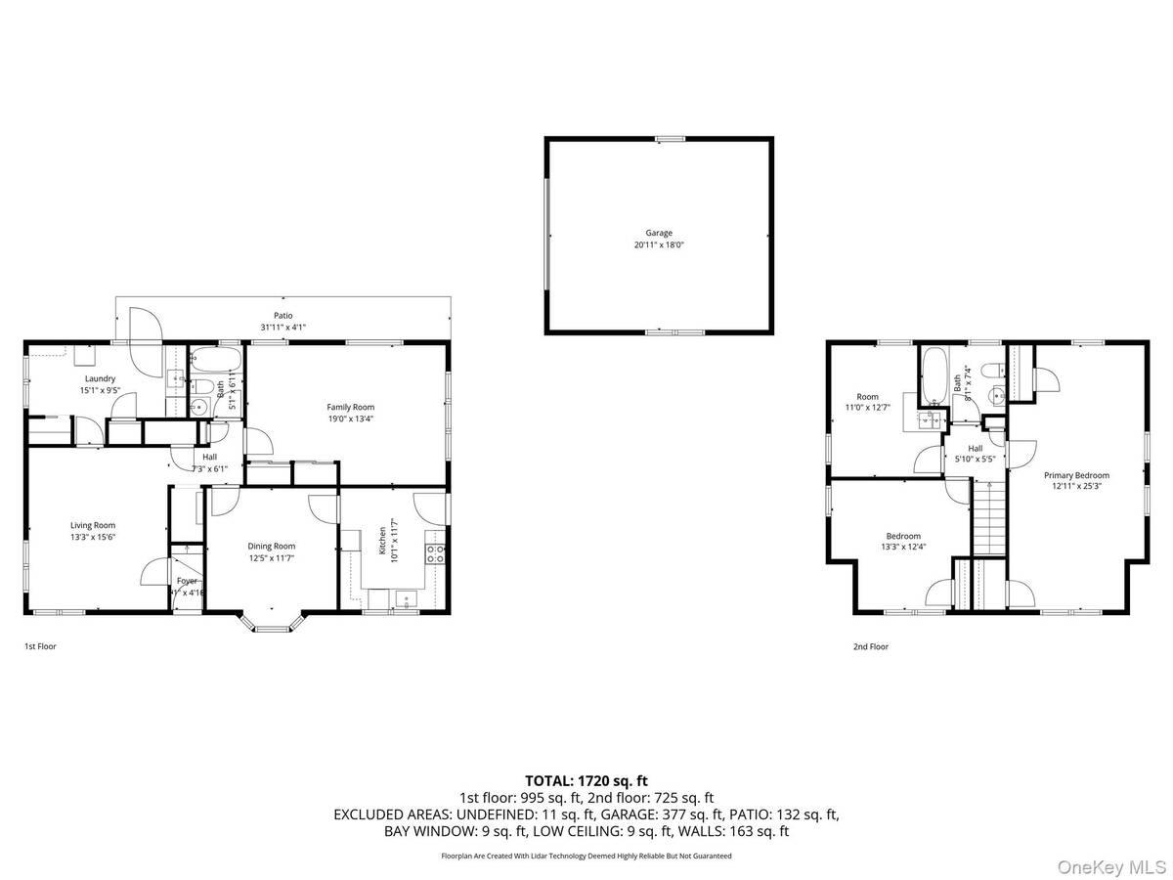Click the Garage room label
tap(658, 233)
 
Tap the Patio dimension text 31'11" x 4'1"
tap(283, 328)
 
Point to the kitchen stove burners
tap(436, 554)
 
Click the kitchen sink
tap(403, 598)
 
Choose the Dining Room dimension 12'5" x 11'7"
tap(271, 558)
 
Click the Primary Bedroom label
tap(1081, 475)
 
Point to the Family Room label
tap(350, 407)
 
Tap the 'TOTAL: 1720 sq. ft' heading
tap(586, 780)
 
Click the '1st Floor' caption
tap(40, 646)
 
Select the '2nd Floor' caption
tap(870, 646)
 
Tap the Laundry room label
tap(100, 378)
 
